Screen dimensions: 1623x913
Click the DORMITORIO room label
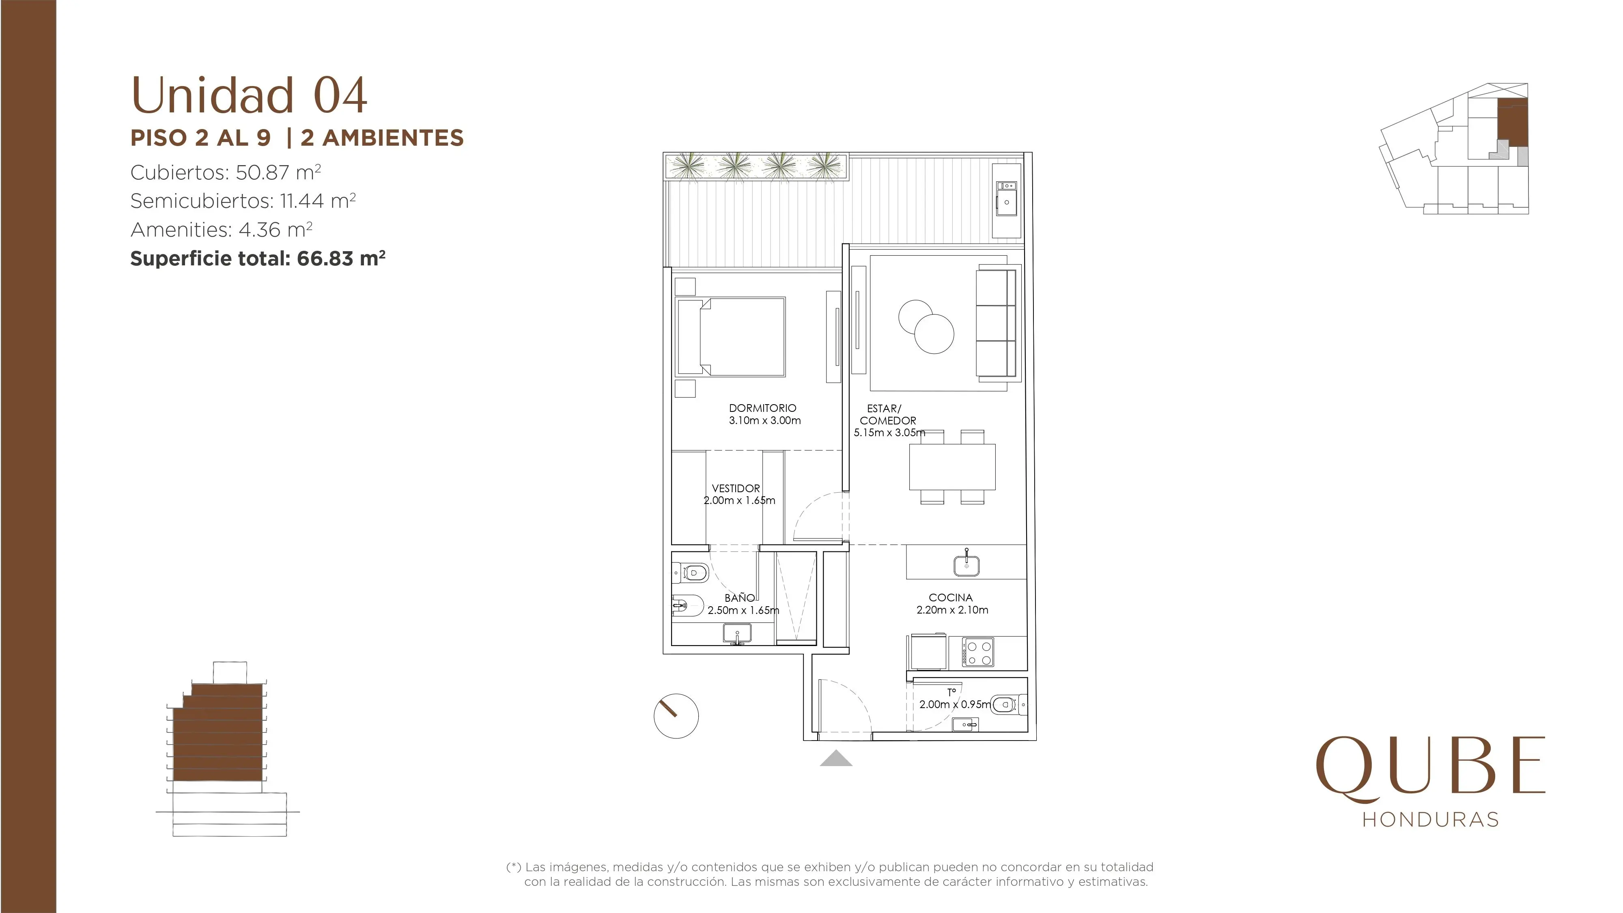(762, 408)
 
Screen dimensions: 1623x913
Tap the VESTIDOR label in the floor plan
(736, 488)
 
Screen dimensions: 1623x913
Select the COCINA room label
(951, 597)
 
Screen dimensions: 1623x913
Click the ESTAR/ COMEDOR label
(888, 415)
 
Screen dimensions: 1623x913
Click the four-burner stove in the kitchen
(978, 652)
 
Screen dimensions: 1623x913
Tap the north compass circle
(676, 716)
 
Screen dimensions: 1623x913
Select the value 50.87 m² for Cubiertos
(278, 172)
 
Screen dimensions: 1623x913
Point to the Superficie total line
(258, 258)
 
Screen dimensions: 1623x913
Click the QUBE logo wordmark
(1431, 769)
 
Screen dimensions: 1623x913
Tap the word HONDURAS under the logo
(1431, 819)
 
